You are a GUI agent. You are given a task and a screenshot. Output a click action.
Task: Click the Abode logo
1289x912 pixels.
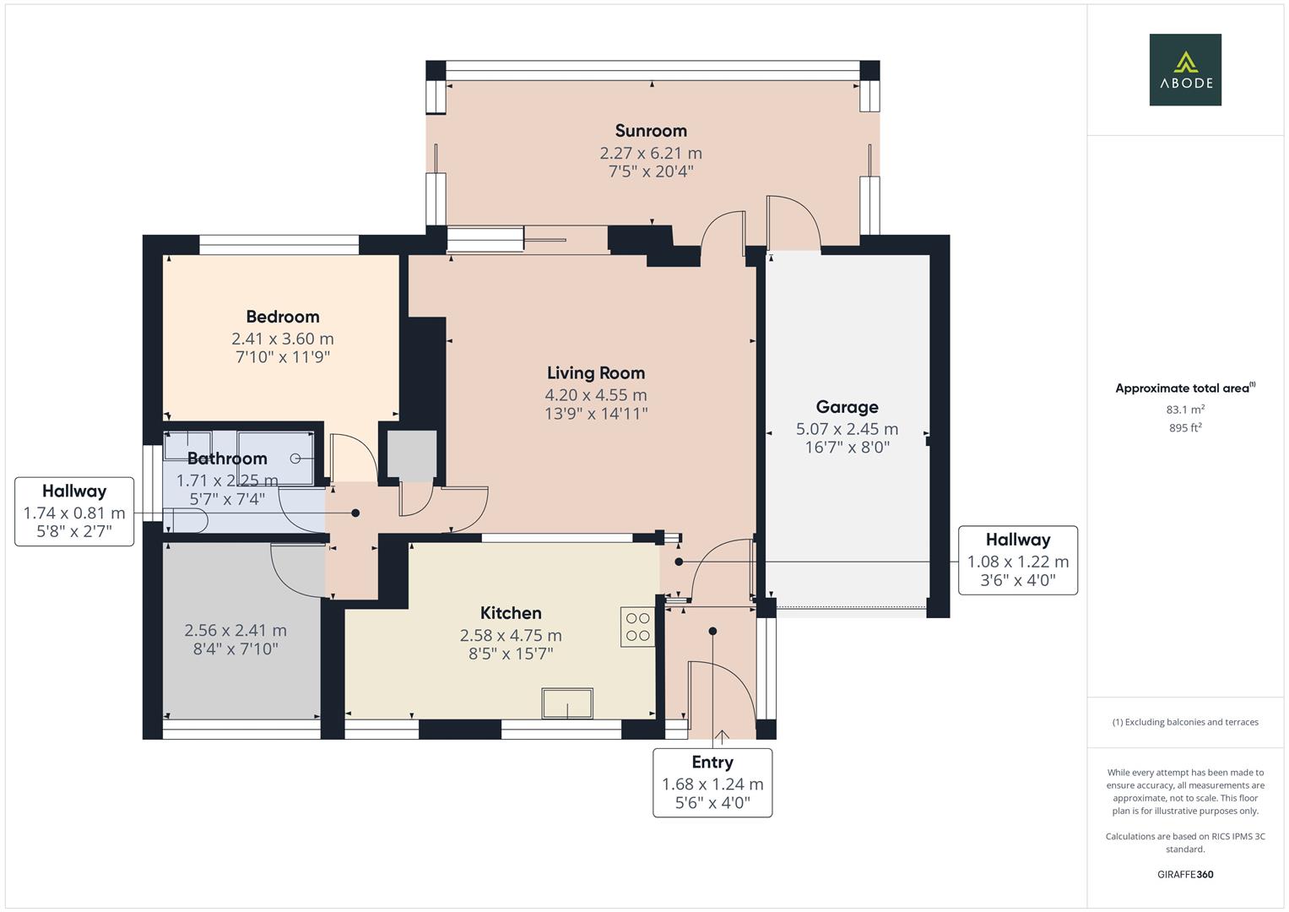[x=1184, y=69]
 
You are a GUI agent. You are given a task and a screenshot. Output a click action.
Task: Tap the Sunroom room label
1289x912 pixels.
[x=650, y=131]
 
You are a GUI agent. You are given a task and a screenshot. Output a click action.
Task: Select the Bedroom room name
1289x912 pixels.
[x=282, y=317]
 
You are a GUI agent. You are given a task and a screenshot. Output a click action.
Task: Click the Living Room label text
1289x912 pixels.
[x=595, y=372]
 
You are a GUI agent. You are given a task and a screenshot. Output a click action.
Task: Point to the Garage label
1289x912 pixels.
[x=847, y=407]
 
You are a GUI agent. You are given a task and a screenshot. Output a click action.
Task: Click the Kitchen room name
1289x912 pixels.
[x=511, y=613]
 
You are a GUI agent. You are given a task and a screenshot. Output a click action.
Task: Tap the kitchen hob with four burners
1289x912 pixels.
[x=637, y=627]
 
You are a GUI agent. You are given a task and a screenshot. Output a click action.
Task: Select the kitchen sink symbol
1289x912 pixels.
[x=567, y=703]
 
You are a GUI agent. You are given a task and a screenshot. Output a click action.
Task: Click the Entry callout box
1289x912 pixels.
[x=712, y=782]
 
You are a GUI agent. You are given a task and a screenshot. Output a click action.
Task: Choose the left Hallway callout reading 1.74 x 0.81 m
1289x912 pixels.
[x=74, y=512]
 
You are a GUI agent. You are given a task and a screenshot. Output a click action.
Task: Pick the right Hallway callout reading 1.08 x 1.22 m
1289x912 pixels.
[x=1017, y=560]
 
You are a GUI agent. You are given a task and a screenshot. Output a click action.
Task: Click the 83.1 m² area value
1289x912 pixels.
[x=1184, y=410]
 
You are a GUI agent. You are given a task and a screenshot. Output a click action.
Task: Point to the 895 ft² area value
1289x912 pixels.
[x=1184, y=428]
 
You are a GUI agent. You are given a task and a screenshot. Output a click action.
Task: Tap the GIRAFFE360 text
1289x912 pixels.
[x=1184, y=874]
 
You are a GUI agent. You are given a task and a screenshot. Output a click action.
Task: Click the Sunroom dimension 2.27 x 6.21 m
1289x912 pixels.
[x=650, y=153]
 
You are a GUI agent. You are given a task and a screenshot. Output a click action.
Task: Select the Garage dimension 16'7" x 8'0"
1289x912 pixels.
[x=847, y=448]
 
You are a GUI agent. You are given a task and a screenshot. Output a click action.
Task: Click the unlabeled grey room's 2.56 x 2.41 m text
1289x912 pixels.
[x=236, y=631]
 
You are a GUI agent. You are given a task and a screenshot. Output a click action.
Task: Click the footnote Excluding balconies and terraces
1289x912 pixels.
[x=1184, y=722]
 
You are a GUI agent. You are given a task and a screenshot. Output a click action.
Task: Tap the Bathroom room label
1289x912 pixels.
[x=227, y=459]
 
